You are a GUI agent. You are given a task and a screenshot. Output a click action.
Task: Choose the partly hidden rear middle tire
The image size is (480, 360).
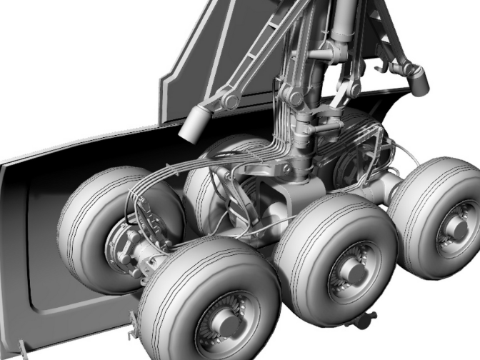point(214,154)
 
